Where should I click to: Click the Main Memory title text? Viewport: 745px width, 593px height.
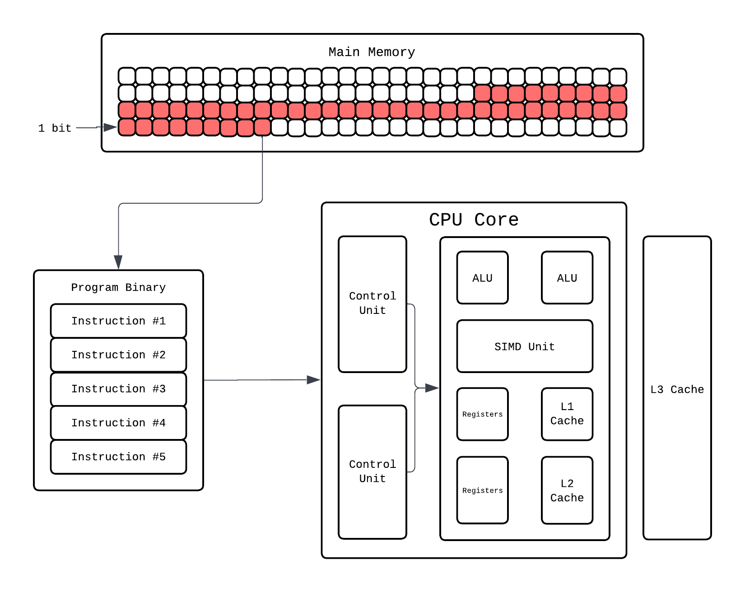pyautogui.click(x=372, y=52)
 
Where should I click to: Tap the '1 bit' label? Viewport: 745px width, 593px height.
pyautogui.click(x=55, y=128)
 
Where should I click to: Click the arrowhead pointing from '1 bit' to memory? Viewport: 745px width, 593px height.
pyautogui.click(x=110, y=128)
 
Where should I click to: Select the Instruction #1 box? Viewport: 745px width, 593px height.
pyautogui.click(x=118, y=321)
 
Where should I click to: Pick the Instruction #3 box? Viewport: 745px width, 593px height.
pyautogui.click(x=118, y=389)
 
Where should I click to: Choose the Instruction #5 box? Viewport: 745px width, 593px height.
pyautogui.click(x=118, y=457)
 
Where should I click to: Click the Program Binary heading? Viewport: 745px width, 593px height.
pyautogui.click(x=118, y=288)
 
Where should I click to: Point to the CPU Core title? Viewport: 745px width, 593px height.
pyautogui.click(x=474, y=220)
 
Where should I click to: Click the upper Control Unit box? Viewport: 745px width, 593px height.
pyautogui.click(x=372, y=304)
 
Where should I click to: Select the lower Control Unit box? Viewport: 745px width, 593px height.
pyautogui.click(x=372, y=472)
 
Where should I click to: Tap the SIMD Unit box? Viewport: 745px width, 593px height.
pyautogui.click(x=524, y=346)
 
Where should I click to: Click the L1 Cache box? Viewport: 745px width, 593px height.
pyautogui.click(x=567, y=414)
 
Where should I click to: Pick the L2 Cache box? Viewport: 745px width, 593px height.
pyautogui.click(x=567, y=490)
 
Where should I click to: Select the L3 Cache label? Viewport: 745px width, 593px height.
pyautogui.click(x=677, y=389)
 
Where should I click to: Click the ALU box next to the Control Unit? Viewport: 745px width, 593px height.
pyautogui.click(x=482, y=278)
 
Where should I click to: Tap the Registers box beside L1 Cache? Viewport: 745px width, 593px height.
pyautogui.click(x=482, y=414)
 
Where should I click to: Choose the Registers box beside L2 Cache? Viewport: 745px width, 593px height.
pyautogui.click(x=482, y=490)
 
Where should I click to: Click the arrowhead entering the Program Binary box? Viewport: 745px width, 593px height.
pyautogui.click(x=118, y=262)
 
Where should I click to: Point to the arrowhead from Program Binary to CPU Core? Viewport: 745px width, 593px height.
pyautogui.click(x=313, y=380)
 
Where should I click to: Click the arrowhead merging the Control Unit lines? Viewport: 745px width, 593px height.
pyautogui.click(x=432, y=388)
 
